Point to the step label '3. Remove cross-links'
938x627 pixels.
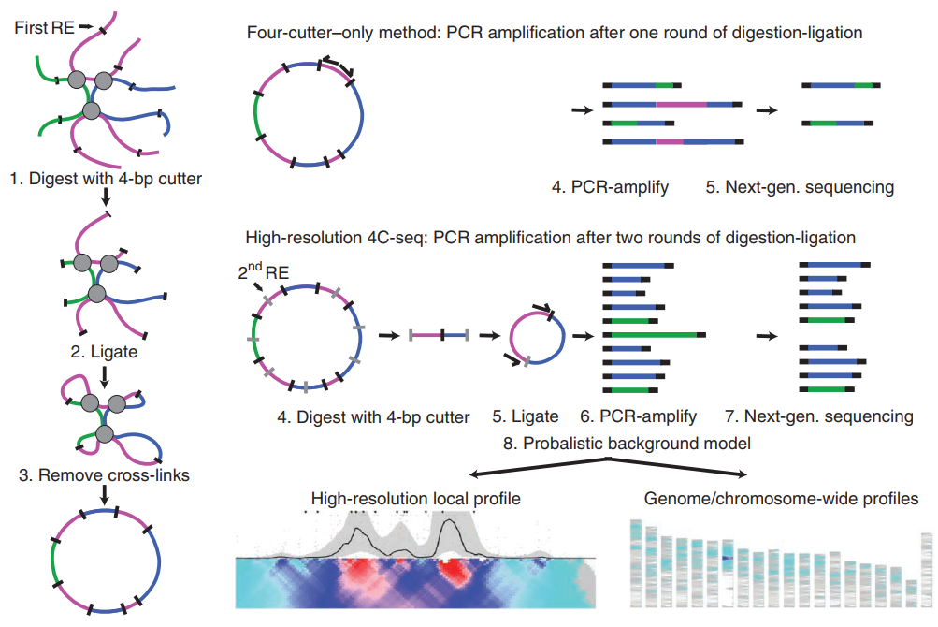105,475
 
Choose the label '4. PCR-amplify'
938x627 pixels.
610,187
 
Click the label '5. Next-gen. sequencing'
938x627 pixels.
800,187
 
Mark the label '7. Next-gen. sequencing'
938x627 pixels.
819,416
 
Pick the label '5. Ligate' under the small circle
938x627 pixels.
526,416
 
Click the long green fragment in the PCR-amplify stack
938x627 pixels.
655,334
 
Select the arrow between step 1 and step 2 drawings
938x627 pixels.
106,197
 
